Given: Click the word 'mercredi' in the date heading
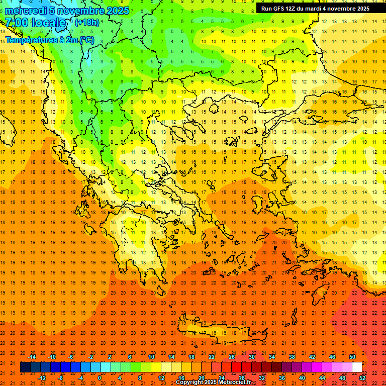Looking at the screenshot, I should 26,11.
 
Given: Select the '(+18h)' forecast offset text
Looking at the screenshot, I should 87,23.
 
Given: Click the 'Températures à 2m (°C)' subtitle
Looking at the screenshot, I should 49,39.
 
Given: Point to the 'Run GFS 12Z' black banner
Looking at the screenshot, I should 315,9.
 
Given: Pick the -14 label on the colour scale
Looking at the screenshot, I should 32,357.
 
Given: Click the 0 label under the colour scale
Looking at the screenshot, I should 99,377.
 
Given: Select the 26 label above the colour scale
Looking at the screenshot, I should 232,357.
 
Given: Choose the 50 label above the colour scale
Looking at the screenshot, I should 352,357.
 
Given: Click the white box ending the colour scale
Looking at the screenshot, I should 357,367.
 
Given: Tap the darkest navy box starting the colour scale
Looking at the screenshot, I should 25,367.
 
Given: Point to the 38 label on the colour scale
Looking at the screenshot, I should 292,357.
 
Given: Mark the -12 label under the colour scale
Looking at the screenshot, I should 42,377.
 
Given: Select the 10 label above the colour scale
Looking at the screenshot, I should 151,357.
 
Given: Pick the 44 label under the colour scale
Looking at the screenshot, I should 322,377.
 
